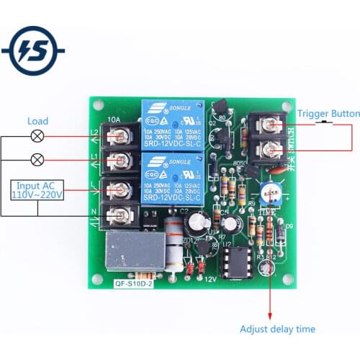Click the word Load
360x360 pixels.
point(38,121)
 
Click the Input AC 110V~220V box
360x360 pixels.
point(37,191)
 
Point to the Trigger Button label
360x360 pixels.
point(328,114)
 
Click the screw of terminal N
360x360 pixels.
point(123,212)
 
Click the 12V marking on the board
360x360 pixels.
point(211,279)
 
